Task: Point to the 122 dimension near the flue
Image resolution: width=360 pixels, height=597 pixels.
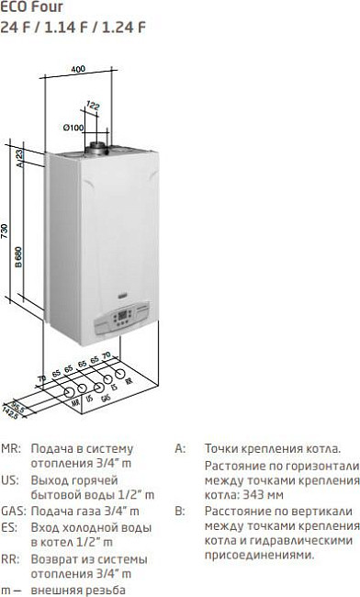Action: (x=93, y=107)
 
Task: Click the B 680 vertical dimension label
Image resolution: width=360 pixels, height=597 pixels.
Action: (x=18, y=256)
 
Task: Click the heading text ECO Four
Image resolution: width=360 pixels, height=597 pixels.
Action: (x=27, y=7)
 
